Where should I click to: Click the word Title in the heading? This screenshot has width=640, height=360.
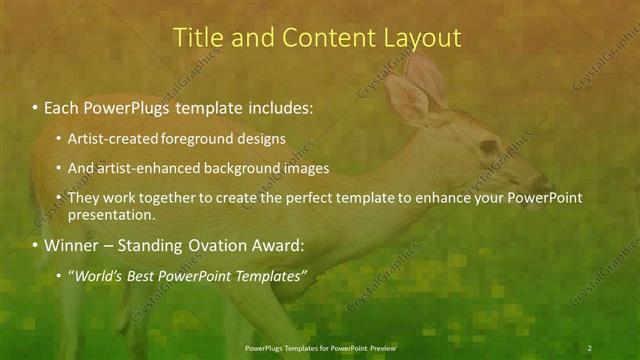(x=197, y=38)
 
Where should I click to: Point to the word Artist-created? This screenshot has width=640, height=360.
(x=108, y=138)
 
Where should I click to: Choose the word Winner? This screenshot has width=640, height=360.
(x=69, y=244)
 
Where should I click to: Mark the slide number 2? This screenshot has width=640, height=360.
(x=590, y=347)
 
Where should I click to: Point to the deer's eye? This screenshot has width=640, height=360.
(x=488, y=146)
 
